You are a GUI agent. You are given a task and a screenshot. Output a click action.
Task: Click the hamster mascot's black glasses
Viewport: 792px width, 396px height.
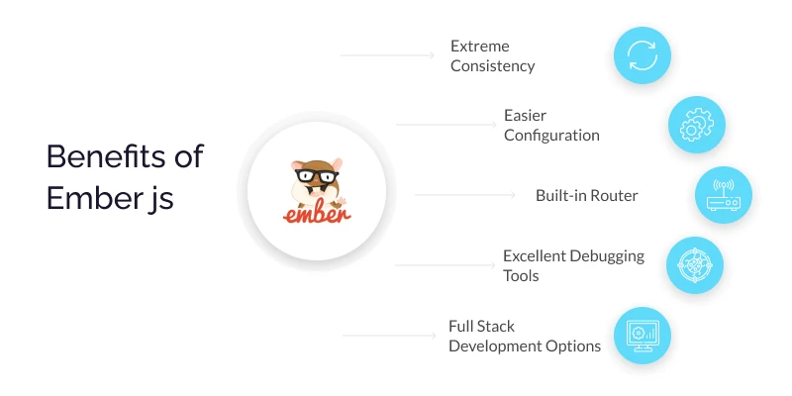click(314, 170)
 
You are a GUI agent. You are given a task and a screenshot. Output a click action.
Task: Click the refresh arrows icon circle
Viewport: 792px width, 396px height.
click(643, 55)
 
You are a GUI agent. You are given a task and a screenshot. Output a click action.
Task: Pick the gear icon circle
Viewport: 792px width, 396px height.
click(697, 124)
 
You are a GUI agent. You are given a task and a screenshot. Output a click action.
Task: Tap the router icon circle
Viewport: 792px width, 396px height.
click(724, 195)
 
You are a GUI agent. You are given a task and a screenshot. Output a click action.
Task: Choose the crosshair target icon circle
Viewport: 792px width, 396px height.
click(694, 264)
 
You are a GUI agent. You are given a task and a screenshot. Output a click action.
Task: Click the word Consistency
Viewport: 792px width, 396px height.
click(493, 66)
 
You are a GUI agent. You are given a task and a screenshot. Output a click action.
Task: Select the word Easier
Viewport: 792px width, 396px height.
click(525, 116)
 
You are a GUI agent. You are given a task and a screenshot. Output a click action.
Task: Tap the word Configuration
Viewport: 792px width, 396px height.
click(551, 136)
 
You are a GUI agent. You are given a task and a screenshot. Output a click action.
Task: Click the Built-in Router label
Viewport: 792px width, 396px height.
click(586, 195)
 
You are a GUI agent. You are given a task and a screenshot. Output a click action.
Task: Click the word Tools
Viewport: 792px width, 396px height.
click(521, 275)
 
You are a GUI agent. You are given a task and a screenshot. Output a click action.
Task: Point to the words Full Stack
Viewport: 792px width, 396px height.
click(482, 326)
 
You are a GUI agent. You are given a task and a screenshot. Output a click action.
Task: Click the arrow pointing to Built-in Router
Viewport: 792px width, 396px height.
click(465, 195)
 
